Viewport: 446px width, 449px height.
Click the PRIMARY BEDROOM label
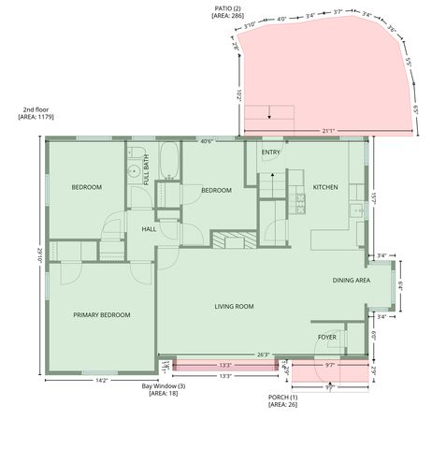click(101, 315)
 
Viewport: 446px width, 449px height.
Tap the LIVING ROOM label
click(235, 306)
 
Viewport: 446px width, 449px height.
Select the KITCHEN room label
click(324, 187)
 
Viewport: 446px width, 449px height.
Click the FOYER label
click(326, 337)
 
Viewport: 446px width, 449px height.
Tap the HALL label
click(149, 228)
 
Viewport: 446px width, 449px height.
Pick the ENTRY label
click(271, 152)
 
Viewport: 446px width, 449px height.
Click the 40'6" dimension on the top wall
click(207, 141)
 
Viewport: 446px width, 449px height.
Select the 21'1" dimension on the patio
click(327, 130)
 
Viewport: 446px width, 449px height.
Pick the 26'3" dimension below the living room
click(264, 355)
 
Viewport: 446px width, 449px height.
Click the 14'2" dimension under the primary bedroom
click(101, 379)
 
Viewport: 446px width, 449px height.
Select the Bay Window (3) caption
click(164, 386)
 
